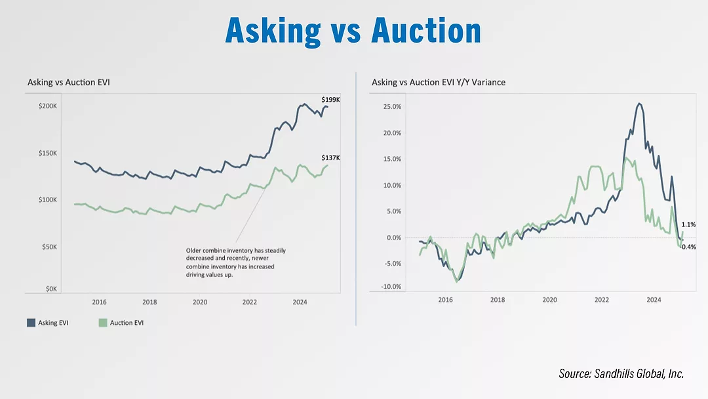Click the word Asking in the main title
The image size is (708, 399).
tap(273, 30)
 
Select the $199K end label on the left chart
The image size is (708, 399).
tap(330, 100)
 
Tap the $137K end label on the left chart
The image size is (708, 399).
tap(330, 158)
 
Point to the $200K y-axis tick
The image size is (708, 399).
tap(48, 106)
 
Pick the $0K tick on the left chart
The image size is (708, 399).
tap(50, 288)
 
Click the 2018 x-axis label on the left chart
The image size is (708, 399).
tap(149, 303)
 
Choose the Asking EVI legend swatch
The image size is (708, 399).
tap(31, 323)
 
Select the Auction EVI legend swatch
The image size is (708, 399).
tap(102, 323)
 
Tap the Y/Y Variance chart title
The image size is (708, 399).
tap(438, 83)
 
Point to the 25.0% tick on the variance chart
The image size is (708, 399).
tap(391, 106)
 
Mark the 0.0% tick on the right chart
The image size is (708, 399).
tap(392, 238)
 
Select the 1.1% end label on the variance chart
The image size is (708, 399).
tap(688, 225)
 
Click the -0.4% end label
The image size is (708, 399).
tap(688, 247)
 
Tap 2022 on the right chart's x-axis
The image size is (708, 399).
tap(602, 299)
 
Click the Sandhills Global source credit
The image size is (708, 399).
tap(621, 373)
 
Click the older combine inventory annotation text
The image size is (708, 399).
tap(236, 262)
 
